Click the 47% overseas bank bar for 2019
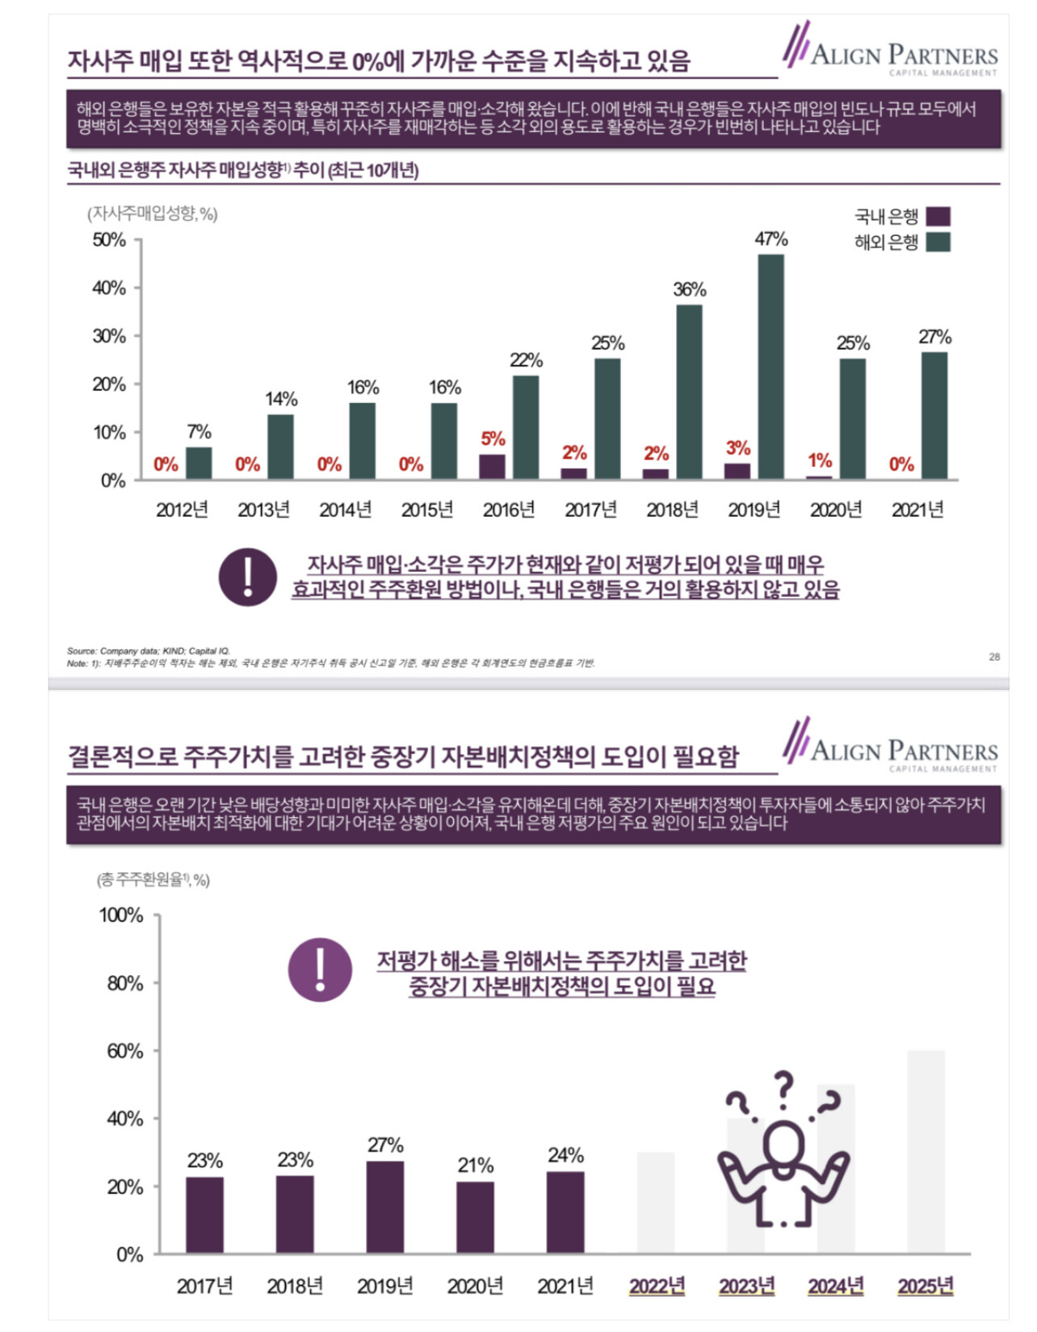(x=770, y=367)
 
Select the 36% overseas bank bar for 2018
(x=689, y=392)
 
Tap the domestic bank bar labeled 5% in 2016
(x=492, y=467)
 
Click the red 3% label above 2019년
(x=738, y=448)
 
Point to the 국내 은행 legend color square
(x=938, y=216)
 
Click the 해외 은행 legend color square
(x=938, y=242)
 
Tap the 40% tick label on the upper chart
(x=109, y=288)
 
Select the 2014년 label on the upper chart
(x=346, y=510)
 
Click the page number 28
(x=994, y=657)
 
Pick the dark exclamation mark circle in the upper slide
(x=248, y=577)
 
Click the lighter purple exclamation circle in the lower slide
(x=320, y=969)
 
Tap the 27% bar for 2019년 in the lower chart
(x=385, y=1208)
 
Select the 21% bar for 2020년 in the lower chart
(x=475, y=1217)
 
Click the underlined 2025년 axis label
(x=926, y=1285)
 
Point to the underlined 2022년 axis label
(x=657, y=1285)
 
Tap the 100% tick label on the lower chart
(x=121, y=915)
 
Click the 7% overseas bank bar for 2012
(x=199, y=464)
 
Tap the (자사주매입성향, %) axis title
(x=153, y=213)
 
